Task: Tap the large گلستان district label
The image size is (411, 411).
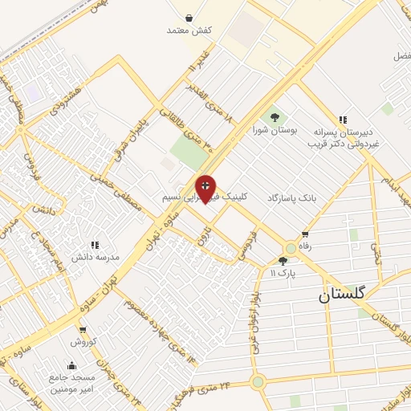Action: (x=341, y=294)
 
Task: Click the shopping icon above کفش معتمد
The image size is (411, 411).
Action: (x=188, y=18)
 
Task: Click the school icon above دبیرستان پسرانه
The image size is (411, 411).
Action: (x=343, y=120)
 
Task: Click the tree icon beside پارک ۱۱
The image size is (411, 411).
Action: (x=282, y=261)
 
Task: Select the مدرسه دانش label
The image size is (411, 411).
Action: (x=96, y=257)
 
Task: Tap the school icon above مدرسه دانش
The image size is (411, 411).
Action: (x=94, y=245)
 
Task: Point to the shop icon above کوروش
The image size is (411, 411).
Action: (x=82, y=329)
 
